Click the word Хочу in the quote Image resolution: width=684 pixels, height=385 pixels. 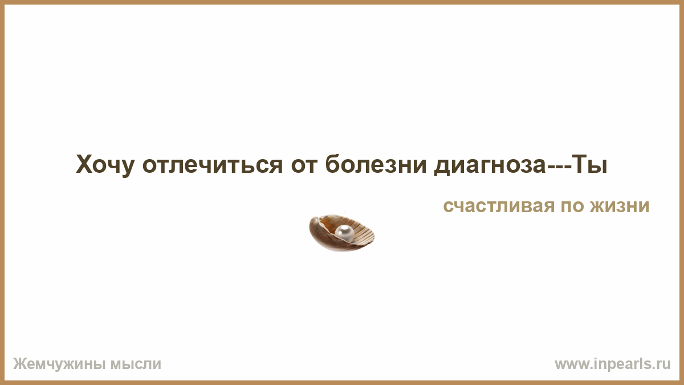(105, 165)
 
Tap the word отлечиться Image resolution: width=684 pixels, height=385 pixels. (213, 164)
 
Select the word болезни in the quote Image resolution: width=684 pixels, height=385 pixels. (376, 164)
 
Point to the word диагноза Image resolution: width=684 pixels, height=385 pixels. (490, 165)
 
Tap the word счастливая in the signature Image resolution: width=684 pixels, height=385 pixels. (499, 206)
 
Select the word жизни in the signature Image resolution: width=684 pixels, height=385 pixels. (620, 206)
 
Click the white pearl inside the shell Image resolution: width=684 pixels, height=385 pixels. (344, 233)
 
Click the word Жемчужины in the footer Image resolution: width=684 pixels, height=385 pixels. (59, 364)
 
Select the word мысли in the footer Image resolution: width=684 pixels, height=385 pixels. (136, 364)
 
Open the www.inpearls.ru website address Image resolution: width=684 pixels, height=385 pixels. (613, 364)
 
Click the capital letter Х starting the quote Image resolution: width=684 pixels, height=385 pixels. (84, 164)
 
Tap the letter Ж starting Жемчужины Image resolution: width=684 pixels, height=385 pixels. (19, 364)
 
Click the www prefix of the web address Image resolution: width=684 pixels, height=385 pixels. (569, 365)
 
